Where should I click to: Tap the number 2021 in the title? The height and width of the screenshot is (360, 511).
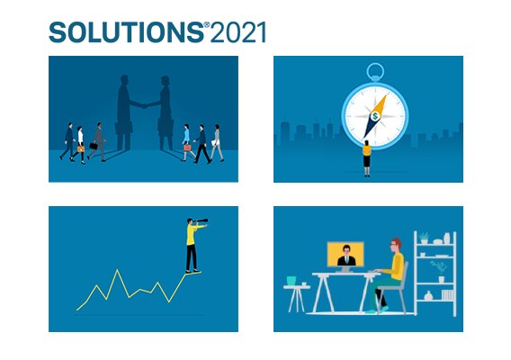click(238, 32)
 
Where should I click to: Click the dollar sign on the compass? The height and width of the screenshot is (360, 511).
click(375, 116)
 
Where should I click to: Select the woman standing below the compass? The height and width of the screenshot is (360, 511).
click(367, 158)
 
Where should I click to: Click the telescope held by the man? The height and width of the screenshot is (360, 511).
click(200, 221)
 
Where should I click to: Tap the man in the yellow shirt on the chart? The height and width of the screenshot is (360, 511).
click(193, 245)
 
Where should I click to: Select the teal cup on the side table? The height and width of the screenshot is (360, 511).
click(291, 280)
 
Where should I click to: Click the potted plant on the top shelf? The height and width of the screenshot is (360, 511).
click(424, 238)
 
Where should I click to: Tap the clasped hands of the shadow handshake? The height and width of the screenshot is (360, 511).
click(144, 105)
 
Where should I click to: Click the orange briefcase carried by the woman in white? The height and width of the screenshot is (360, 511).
click(80, 149)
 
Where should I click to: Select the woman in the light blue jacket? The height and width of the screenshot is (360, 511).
click(187, 142)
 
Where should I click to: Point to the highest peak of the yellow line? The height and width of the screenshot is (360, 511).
click(117, 270)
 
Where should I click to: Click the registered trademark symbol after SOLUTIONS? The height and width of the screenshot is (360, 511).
click(207, 25)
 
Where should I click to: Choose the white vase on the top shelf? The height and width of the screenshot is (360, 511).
click(447, 238)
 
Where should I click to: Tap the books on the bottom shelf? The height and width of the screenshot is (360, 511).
click(448, 295)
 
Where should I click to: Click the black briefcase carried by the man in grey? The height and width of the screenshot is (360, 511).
click(94, 146)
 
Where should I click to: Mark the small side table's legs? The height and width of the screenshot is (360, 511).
click(297, 300)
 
